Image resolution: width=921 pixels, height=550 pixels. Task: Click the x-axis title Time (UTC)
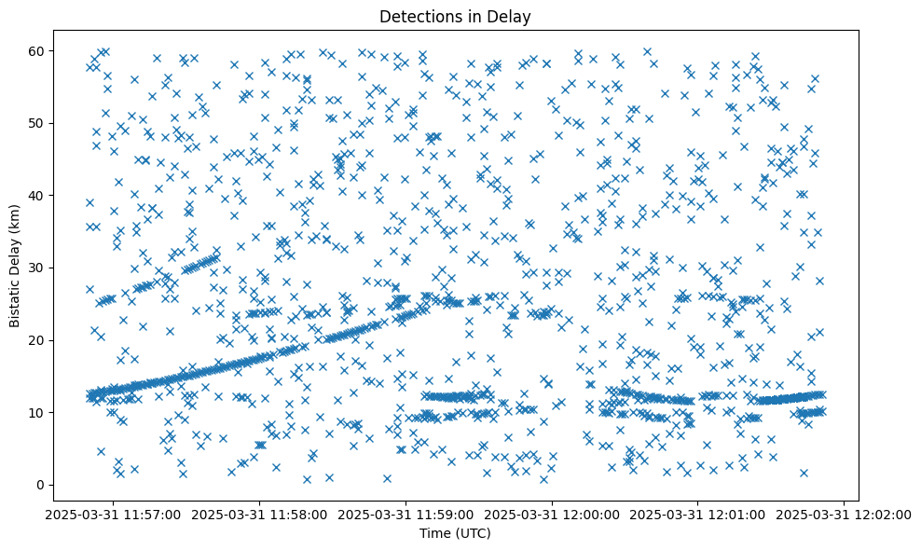456,533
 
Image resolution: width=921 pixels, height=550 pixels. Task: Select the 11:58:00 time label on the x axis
260,514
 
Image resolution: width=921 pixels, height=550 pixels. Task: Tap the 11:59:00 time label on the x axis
406,514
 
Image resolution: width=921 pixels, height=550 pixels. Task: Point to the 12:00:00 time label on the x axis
553,514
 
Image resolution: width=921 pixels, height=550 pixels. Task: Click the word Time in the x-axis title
437,533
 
